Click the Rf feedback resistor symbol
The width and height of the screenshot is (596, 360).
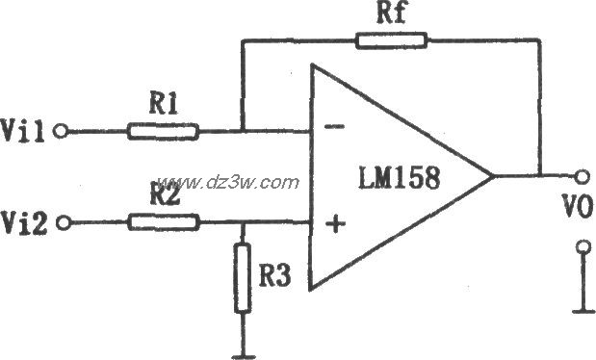[x=390, y=40]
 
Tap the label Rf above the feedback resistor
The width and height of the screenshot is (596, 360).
[x=383, y=14]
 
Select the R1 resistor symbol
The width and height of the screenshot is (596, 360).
[x=164, y=131]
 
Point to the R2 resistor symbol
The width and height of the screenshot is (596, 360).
[x=165, y=222]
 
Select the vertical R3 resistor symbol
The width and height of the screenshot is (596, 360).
[x=243, y=280]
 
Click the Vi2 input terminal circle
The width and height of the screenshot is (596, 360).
[x=63, y=223]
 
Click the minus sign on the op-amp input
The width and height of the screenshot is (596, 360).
[x=335, y=126]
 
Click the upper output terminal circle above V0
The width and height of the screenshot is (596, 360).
[x=581, y=176]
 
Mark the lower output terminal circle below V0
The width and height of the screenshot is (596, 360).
[x=582, y=248]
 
